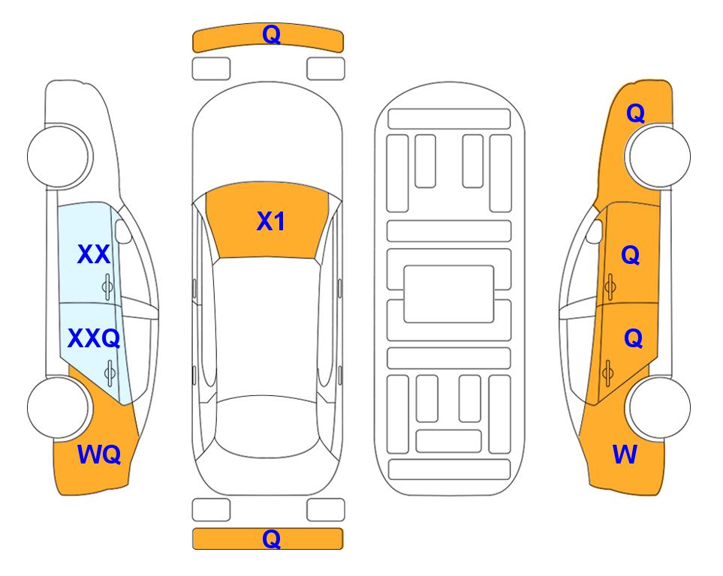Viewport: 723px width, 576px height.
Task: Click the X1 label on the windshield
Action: point(271,221)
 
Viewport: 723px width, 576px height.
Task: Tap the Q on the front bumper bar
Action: point(271,34)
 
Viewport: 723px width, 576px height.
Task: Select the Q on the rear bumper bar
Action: point(271,538)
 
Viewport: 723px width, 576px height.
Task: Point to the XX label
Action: point(94,254)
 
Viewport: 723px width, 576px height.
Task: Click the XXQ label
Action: point(94,339)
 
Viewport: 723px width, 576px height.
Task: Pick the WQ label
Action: point(99,454)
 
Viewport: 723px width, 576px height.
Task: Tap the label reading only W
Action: point(625,454)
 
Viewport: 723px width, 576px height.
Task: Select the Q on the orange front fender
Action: point(635,113)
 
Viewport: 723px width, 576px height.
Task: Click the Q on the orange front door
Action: point(631,255)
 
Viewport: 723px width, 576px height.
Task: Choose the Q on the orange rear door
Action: point(633,339)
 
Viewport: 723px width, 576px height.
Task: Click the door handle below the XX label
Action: point(107,287)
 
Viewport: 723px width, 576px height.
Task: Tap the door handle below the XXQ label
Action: point(110,373)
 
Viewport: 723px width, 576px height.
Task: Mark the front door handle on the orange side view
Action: point(610,286)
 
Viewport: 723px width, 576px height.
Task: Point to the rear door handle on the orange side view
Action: point(607,372)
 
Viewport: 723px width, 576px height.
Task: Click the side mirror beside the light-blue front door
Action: point(122,231)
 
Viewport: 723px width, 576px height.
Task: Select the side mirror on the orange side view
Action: point(595,231)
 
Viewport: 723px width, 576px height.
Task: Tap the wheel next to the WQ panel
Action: point(58,407)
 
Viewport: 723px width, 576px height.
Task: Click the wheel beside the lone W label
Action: point(659,407)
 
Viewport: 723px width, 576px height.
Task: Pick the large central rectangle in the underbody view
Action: point(449,294)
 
